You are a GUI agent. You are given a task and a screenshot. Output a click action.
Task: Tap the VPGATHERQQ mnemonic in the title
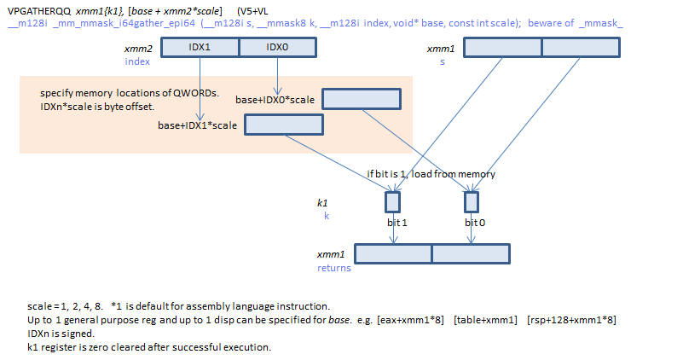point(38,9)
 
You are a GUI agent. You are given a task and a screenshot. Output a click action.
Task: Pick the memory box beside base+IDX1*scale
point(284,125)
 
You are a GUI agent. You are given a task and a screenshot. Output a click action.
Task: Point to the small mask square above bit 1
point(392,202)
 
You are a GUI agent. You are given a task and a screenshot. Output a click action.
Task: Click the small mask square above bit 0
point(471,202)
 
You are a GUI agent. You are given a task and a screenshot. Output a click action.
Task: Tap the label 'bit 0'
point(476,222)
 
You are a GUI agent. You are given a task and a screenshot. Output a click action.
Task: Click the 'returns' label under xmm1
point(333,268)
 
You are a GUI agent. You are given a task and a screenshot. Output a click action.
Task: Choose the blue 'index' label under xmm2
point(137,61)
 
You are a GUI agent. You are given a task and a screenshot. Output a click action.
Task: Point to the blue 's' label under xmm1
point(442,61)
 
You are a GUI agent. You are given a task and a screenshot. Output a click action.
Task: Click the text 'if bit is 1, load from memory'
point(431,174)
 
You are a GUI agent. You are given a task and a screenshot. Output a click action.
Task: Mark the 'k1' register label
point(322,205)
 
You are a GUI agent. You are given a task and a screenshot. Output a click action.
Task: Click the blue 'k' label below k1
point(326,217)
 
